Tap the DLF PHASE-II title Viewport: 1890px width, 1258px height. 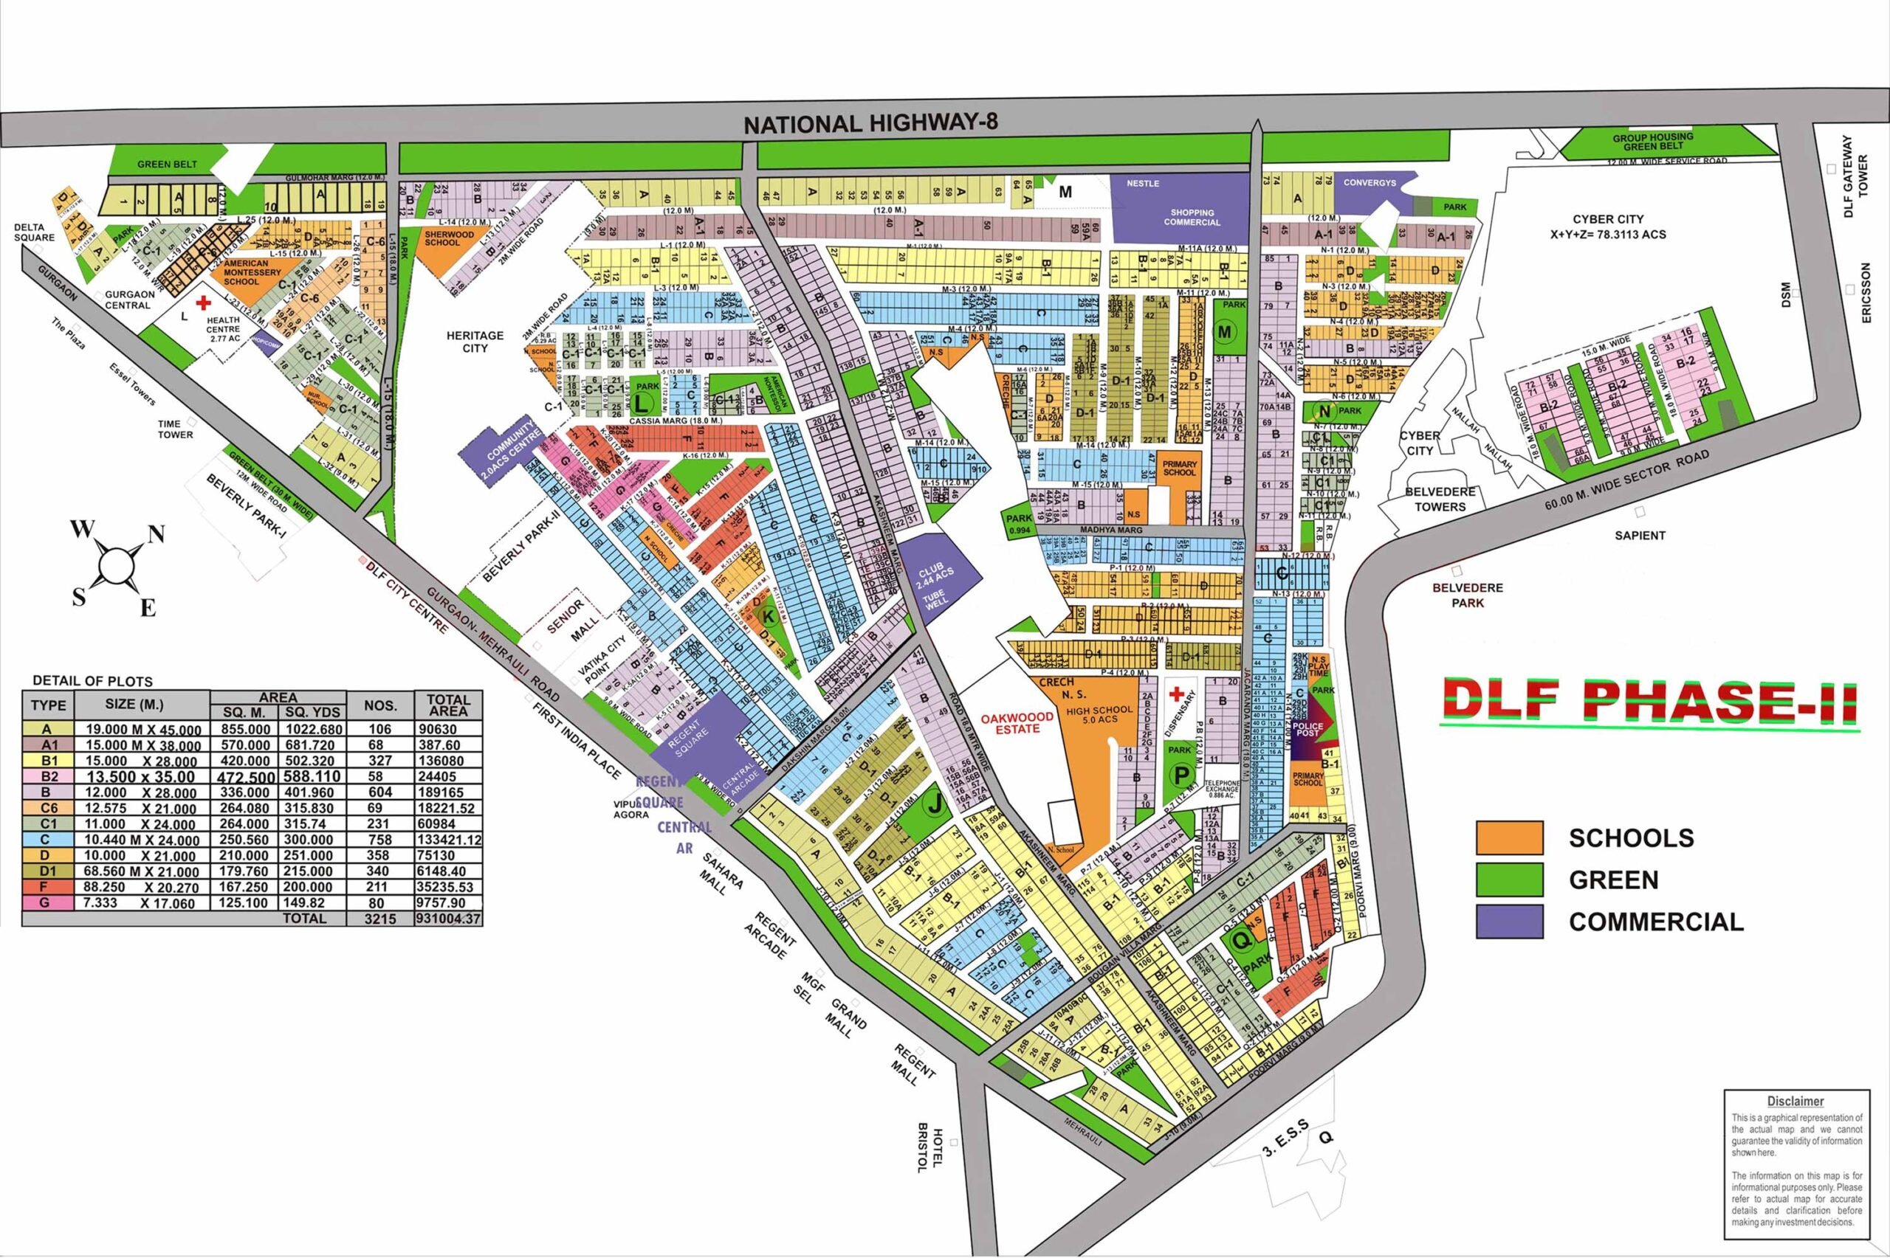click(x=1649, y=700)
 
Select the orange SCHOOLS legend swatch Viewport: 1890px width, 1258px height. click(x=1509, y=837)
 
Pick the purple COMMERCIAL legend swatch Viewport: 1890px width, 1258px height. click(x=1509, y=921)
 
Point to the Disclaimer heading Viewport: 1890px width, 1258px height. click(x=1795, y=1102)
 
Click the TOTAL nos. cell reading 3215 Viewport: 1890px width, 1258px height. click(x=379, y=919)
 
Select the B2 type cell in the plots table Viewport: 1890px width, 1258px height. click(x=47, y=777)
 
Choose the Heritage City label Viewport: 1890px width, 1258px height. click(x=475, y=342)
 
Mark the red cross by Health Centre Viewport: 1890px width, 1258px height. click(x=204, y=303)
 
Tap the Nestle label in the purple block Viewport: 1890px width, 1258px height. click(x=1142, y=184)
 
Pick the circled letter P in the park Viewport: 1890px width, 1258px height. click(x=1180, y=775)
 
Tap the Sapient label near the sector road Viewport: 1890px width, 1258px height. click(x=1640, y=535)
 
